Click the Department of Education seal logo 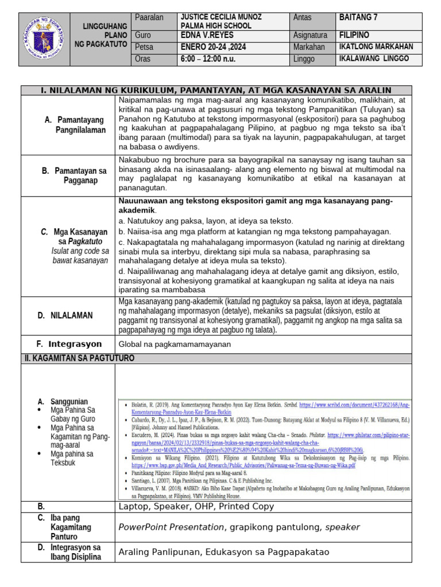point(45,38)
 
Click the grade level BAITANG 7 point(359,18)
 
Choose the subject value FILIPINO point(354,35)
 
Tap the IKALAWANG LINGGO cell point(374,59)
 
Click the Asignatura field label point(310,35)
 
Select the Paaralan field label point(149,18)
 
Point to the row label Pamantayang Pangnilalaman point(75,125)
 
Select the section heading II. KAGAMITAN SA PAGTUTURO point(79,358)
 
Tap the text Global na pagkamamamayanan point(175,345)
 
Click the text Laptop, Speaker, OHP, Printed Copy point(196,507)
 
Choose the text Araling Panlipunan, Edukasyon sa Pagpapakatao point(223,552)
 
